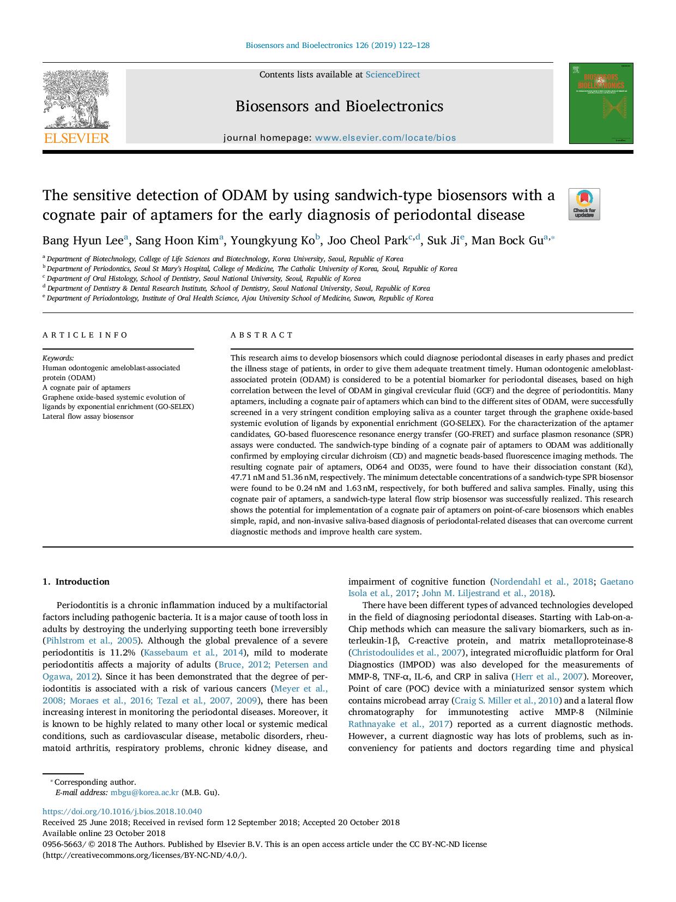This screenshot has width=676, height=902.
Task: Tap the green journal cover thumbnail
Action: click(601, 103)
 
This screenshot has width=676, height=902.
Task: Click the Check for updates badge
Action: click(584, 204)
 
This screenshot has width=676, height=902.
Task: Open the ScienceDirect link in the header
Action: click(393, 75)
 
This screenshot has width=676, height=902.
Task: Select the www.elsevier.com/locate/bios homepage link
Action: click(385, 138)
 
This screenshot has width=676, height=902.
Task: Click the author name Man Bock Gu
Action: click(507, 240)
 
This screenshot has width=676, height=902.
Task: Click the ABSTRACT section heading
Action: click(262, 335)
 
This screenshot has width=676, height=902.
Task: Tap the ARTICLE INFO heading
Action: click(85, 335)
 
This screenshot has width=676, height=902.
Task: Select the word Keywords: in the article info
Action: click(58, 358)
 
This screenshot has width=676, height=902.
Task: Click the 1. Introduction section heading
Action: click(76, 581)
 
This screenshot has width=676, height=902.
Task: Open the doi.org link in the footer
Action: click(122, 811)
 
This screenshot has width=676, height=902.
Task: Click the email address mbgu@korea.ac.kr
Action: click(144, 792)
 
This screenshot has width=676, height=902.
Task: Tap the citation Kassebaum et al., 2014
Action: click(194, 652)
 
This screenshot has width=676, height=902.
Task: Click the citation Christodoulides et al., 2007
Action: click(406, 652)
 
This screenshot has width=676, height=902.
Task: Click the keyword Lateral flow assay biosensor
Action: click(88, 416)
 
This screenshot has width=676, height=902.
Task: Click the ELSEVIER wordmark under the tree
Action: click(76, 139)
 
